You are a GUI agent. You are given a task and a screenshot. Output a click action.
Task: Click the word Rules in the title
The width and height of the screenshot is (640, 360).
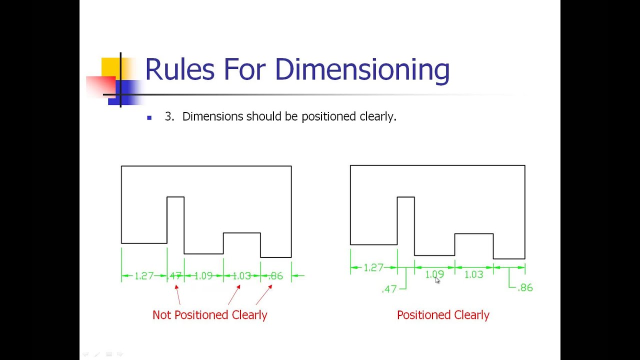pos(179,69)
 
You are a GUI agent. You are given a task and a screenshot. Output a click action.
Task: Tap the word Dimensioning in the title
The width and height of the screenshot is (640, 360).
pos(362,70)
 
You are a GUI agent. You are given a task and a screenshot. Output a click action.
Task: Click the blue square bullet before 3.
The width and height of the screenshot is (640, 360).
pos(149,117)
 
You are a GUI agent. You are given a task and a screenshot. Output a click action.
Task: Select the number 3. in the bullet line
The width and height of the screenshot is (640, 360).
pos(169,116)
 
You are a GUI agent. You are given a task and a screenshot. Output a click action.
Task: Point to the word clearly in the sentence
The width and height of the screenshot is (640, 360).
pos(377,116)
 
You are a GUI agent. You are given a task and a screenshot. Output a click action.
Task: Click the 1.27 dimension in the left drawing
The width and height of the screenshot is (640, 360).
pos(144,276)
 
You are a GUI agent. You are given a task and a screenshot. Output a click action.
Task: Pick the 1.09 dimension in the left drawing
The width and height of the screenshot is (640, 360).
pos(203,276)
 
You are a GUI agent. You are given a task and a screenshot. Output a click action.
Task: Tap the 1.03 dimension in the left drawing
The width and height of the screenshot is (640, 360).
pos(241,276)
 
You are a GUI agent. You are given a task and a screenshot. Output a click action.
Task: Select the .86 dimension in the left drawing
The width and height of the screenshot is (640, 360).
pos(275,276)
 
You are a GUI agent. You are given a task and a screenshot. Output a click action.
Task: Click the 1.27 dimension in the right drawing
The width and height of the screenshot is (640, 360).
pos(373,268)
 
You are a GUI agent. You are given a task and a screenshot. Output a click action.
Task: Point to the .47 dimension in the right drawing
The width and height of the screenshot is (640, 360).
pos(389,289)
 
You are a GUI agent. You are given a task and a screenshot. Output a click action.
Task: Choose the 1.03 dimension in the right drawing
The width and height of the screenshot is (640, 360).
pos(473,274)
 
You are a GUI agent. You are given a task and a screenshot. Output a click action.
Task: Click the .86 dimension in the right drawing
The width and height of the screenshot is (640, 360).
pos(525,288)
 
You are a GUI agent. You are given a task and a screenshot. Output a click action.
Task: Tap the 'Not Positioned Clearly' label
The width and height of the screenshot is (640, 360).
pos(209,315)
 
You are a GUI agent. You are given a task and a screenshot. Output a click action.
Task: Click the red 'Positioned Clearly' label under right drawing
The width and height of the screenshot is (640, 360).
pos(443,315)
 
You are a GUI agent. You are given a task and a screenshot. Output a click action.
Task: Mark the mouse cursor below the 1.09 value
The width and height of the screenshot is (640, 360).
pos(437,281)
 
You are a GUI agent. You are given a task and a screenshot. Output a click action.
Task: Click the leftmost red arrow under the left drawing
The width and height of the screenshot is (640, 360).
pos(177,294)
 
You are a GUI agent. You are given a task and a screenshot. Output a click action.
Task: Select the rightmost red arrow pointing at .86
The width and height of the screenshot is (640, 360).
pos(264,294)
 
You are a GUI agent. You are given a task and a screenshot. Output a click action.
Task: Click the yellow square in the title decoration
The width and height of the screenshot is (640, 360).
pos(110,67)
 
